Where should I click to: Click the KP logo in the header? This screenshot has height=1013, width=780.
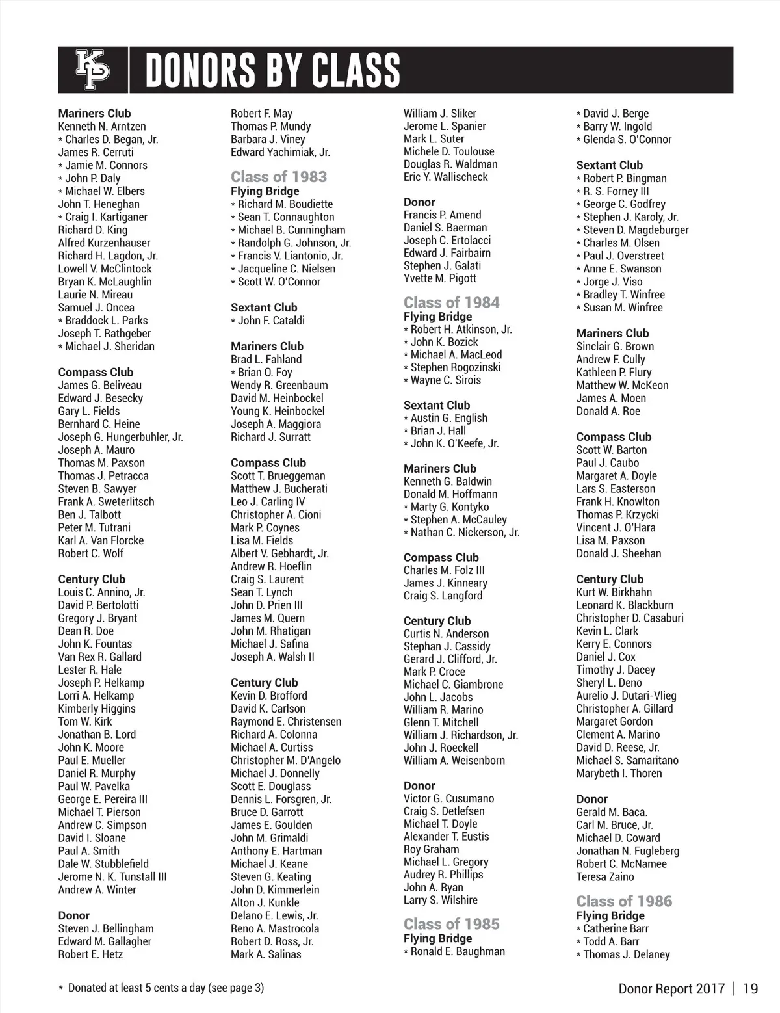coord(93,70)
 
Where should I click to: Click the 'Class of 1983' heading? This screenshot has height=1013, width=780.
coord(279,177)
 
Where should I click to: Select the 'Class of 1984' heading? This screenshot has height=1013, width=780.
coord(451,302)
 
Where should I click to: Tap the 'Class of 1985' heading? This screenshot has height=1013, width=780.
coord(451,924)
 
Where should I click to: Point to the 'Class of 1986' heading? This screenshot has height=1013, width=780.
coord(624,901)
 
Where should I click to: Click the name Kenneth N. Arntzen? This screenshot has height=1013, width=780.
coord(102,126)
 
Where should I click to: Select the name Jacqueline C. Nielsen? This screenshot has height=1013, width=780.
coord(286,269)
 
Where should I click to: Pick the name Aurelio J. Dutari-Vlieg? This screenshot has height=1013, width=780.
coord(626,696)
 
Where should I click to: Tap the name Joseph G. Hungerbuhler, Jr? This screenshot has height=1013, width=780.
coord(120,437)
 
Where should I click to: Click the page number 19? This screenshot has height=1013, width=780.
coord(750,989)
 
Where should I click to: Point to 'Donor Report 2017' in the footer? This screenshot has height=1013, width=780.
coord(671,989)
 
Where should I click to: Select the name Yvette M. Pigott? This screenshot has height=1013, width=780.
coord(440,278)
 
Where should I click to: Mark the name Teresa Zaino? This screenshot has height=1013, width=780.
coord(605,876)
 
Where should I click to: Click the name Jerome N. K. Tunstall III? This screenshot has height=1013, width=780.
coord(112,876)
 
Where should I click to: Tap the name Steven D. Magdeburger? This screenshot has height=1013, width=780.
coord(636,230)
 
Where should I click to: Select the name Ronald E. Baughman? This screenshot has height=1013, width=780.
coord(458,951)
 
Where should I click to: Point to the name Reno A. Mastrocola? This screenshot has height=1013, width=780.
coord(275,928)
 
